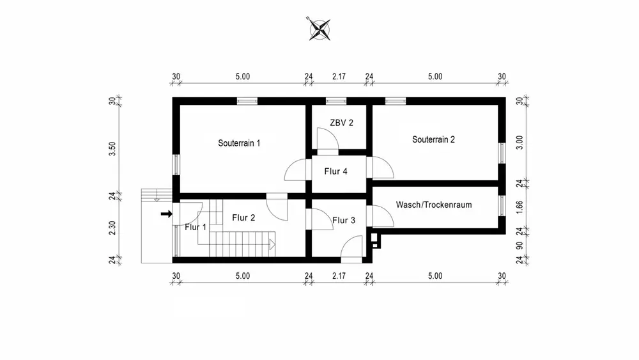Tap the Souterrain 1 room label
[239, 143]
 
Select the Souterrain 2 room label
[433, 139]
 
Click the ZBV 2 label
[341, 123]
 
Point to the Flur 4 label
[335, 171]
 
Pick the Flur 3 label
[343, 220]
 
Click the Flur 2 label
[243, 218]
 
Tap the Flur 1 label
[196, 227]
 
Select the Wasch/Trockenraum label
[434, 205]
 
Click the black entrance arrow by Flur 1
[166, 214]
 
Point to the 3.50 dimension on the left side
[112, 148]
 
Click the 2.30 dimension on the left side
[112, 228]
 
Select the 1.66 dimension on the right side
[520, 206]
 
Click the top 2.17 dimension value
[339, 77]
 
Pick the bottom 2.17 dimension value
[339, 276]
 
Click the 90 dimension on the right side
[520, 246]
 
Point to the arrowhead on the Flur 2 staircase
[272, 244]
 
